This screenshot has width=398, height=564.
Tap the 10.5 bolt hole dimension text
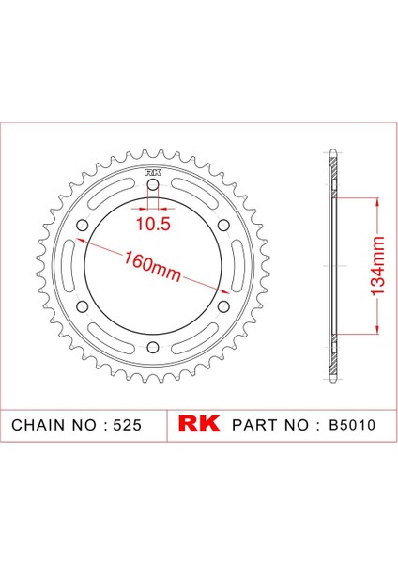152,225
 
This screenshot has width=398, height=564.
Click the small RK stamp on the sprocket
152,171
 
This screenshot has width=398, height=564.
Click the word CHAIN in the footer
38,424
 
